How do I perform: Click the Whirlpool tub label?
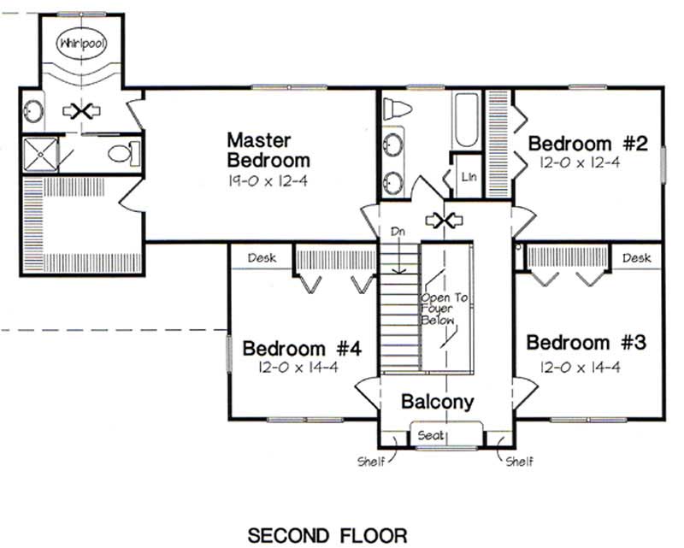point(81,43)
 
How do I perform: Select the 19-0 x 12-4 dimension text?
point(268,180)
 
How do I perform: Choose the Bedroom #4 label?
point(304,349)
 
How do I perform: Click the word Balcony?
point(437,402)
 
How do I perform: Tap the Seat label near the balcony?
point(431,435)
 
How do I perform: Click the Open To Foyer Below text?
point(439,309)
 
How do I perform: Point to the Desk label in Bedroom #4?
point(261,256)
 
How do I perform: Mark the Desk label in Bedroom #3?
point(636,256)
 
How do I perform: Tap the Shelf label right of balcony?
point(519,463)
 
